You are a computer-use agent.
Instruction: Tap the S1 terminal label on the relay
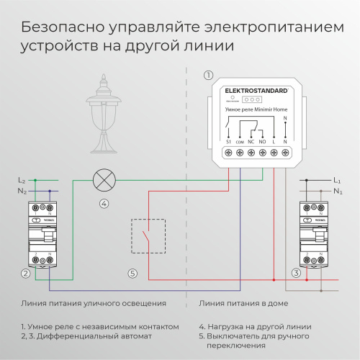tap(228, 143)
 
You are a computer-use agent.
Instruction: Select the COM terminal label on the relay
tap(240, 143)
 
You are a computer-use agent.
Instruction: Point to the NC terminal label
tap(251, 143)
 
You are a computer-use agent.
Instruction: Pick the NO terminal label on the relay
tap(262, 143)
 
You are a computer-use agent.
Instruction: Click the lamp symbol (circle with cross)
tap(104, 178)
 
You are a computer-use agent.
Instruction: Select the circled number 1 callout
tap(208, 74)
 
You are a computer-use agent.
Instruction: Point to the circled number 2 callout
tap(25, 273)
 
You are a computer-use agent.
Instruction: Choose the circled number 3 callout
tap(296, 273)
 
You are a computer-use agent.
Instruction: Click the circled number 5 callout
tap(132, 273)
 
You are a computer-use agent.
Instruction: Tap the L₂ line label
tap(22, 179)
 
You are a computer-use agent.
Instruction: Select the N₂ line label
tap(22, 191)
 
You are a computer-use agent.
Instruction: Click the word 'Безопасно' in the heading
tap(62, 28)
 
